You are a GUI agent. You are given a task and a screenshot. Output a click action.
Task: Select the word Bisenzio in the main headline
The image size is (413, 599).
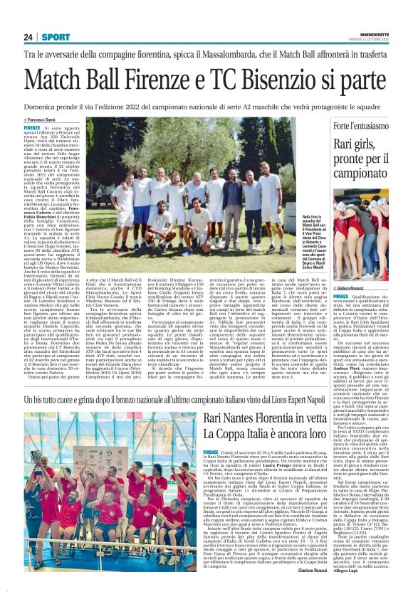tap(313, 77)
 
